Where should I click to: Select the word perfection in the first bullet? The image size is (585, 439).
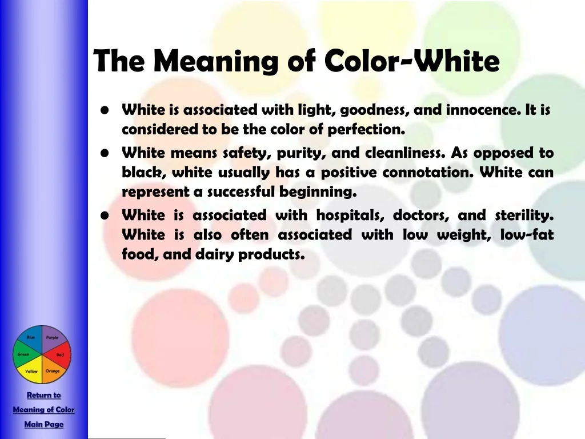[x=366, y=130]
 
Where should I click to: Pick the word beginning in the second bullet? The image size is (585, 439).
[x=318, y=192]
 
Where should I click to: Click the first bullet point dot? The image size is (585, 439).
[x=105, y=110]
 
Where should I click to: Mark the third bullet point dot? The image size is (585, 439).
[x=105, y=215]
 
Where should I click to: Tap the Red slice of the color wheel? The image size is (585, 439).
[x=59, y=354]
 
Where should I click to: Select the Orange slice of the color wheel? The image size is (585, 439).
[x=53, y=370]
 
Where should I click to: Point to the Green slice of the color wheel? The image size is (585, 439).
[x=24, y=354]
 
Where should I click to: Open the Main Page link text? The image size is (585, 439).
[x=44, y=425]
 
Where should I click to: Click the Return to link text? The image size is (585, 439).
[x=44, y=395]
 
